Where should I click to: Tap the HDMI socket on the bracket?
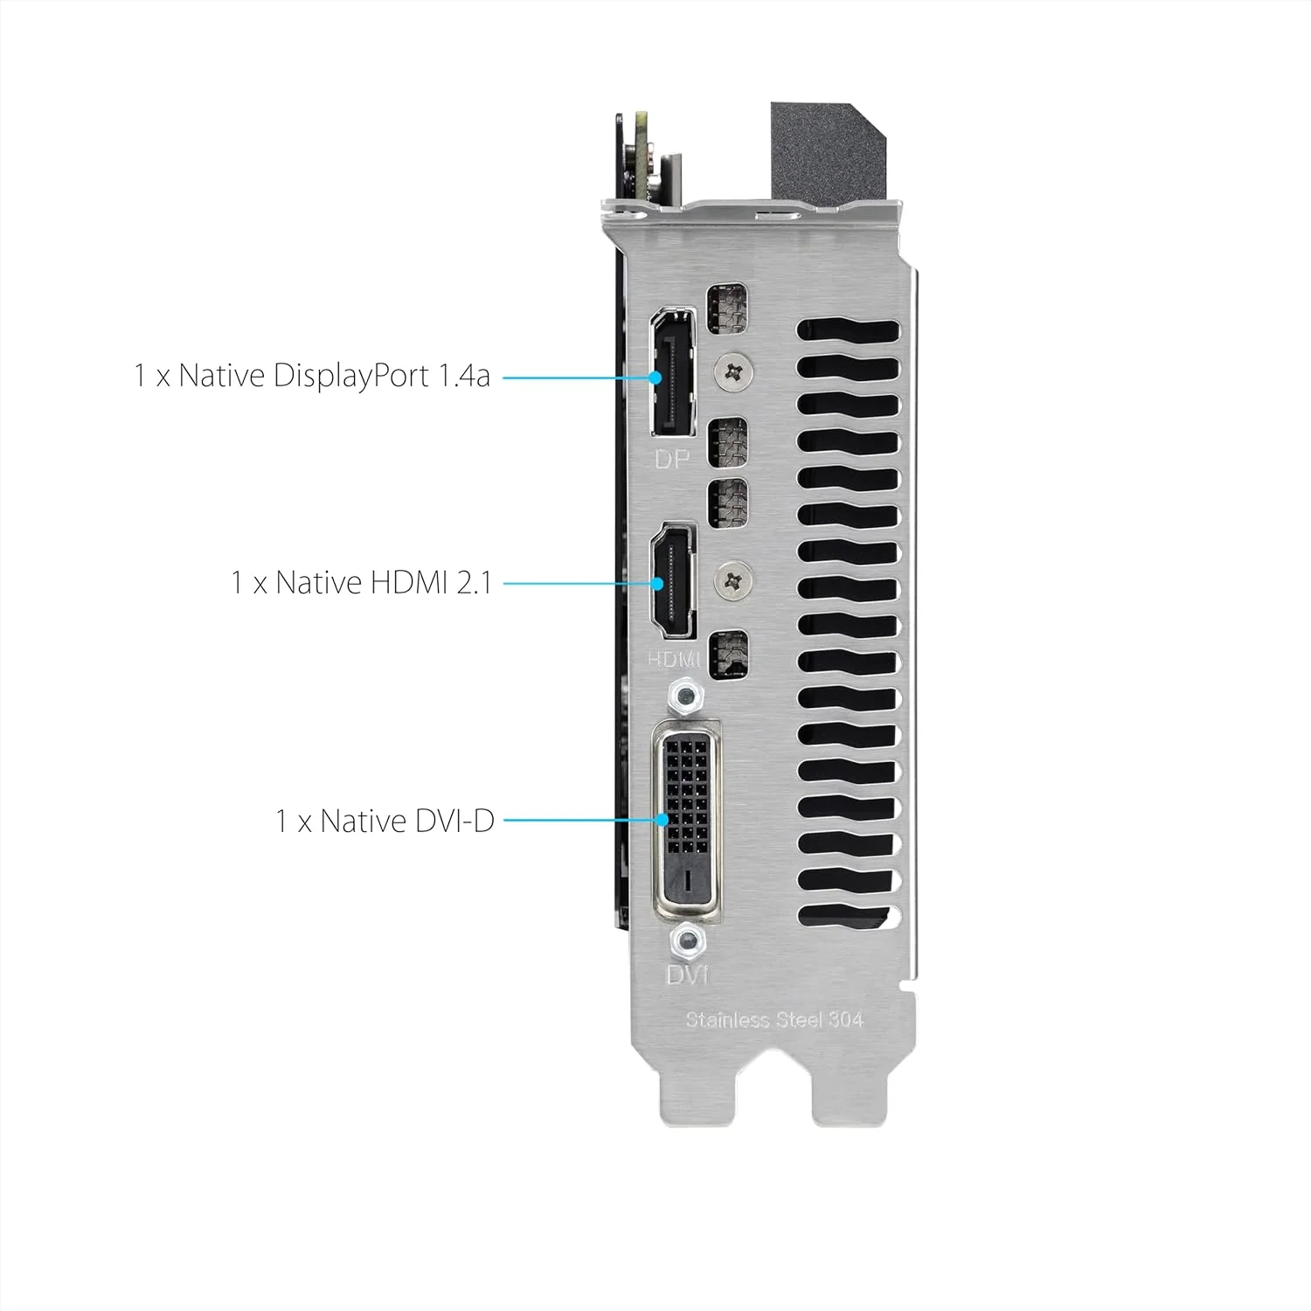(x=672, y=583)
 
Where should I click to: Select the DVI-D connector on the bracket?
(x=689, y=822)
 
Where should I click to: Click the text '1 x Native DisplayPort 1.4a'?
(x=312, y=376)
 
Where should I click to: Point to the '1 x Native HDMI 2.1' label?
(x=361, y=582)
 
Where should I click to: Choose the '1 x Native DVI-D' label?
(x=385, y=822)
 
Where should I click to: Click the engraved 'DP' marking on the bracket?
(x=672, y=458)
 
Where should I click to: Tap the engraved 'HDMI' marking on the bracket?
(x=674, y=658)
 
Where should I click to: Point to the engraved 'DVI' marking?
(x=687, y=974)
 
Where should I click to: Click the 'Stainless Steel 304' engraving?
(x=774, y=1019)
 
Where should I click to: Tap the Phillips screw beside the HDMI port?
(x=734, y=578)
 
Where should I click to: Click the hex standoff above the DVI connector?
(x=687, y=697)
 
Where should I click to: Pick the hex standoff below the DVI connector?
(x=687, y=941)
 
